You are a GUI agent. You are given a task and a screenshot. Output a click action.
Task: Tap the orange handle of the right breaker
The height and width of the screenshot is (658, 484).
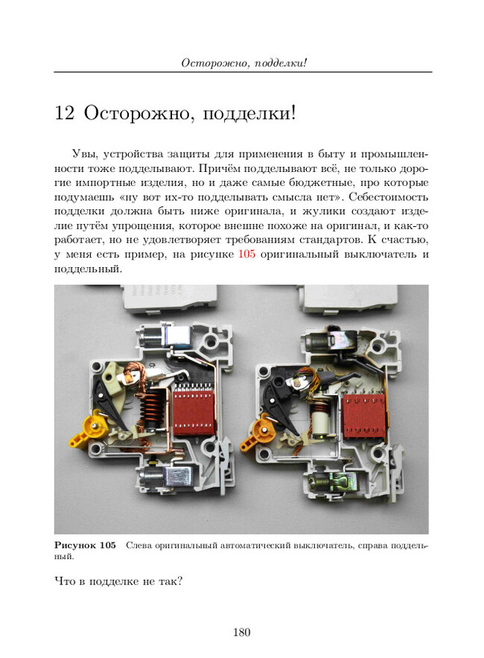point(257,432)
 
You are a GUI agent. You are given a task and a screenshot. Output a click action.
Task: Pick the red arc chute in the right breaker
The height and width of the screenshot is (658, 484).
point(363,415)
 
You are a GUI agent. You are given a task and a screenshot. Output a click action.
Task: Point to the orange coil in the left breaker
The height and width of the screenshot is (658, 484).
point(150,407)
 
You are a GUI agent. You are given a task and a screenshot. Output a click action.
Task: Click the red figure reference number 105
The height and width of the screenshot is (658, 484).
point(246,254)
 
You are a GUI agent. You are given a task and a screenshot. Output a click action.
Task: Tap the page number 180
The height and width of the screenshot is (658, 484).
point(242,632)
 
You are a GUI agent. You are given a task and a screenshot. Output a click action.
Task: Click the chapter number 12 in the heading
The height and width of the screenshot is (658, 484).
point(64,113)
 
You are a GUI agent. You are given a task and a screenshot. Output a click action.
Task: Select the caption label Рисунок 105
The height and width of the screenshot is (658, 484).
point(85,546)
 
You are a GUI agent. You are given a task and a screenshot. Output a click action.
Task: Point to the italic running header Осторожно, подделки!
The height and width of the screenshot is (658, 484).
point(244,63)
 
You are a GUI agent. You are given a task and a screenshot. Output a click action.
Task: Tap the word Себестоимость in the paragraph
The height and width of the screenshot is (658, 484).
point(389,197)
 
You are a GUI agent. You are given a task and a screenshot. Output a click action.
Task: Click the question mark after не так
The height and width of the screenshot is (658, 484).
point(179,581)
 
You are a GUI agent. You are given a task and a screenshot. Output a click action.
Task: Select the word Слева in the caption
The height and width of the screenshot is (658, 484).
point(138,546)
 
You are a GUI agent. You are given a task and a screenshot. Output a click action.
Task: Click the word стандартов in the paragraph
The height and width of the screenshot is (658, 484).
point(328,240)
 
